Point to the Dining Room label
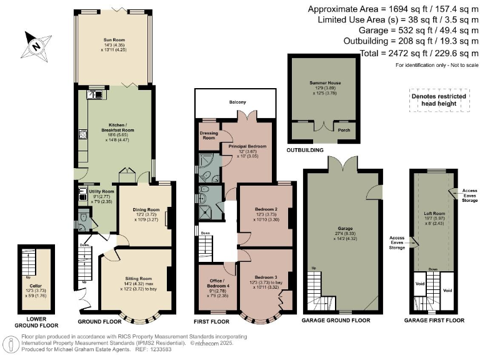click(145, 210)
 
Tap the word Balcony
click(237, 102)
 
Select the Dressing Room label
click(207, 136)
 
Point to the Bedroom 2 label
click(266, 209)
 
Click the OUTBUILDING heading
click(304, 151)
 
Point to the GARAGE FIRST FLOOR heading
click(434, 320)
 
